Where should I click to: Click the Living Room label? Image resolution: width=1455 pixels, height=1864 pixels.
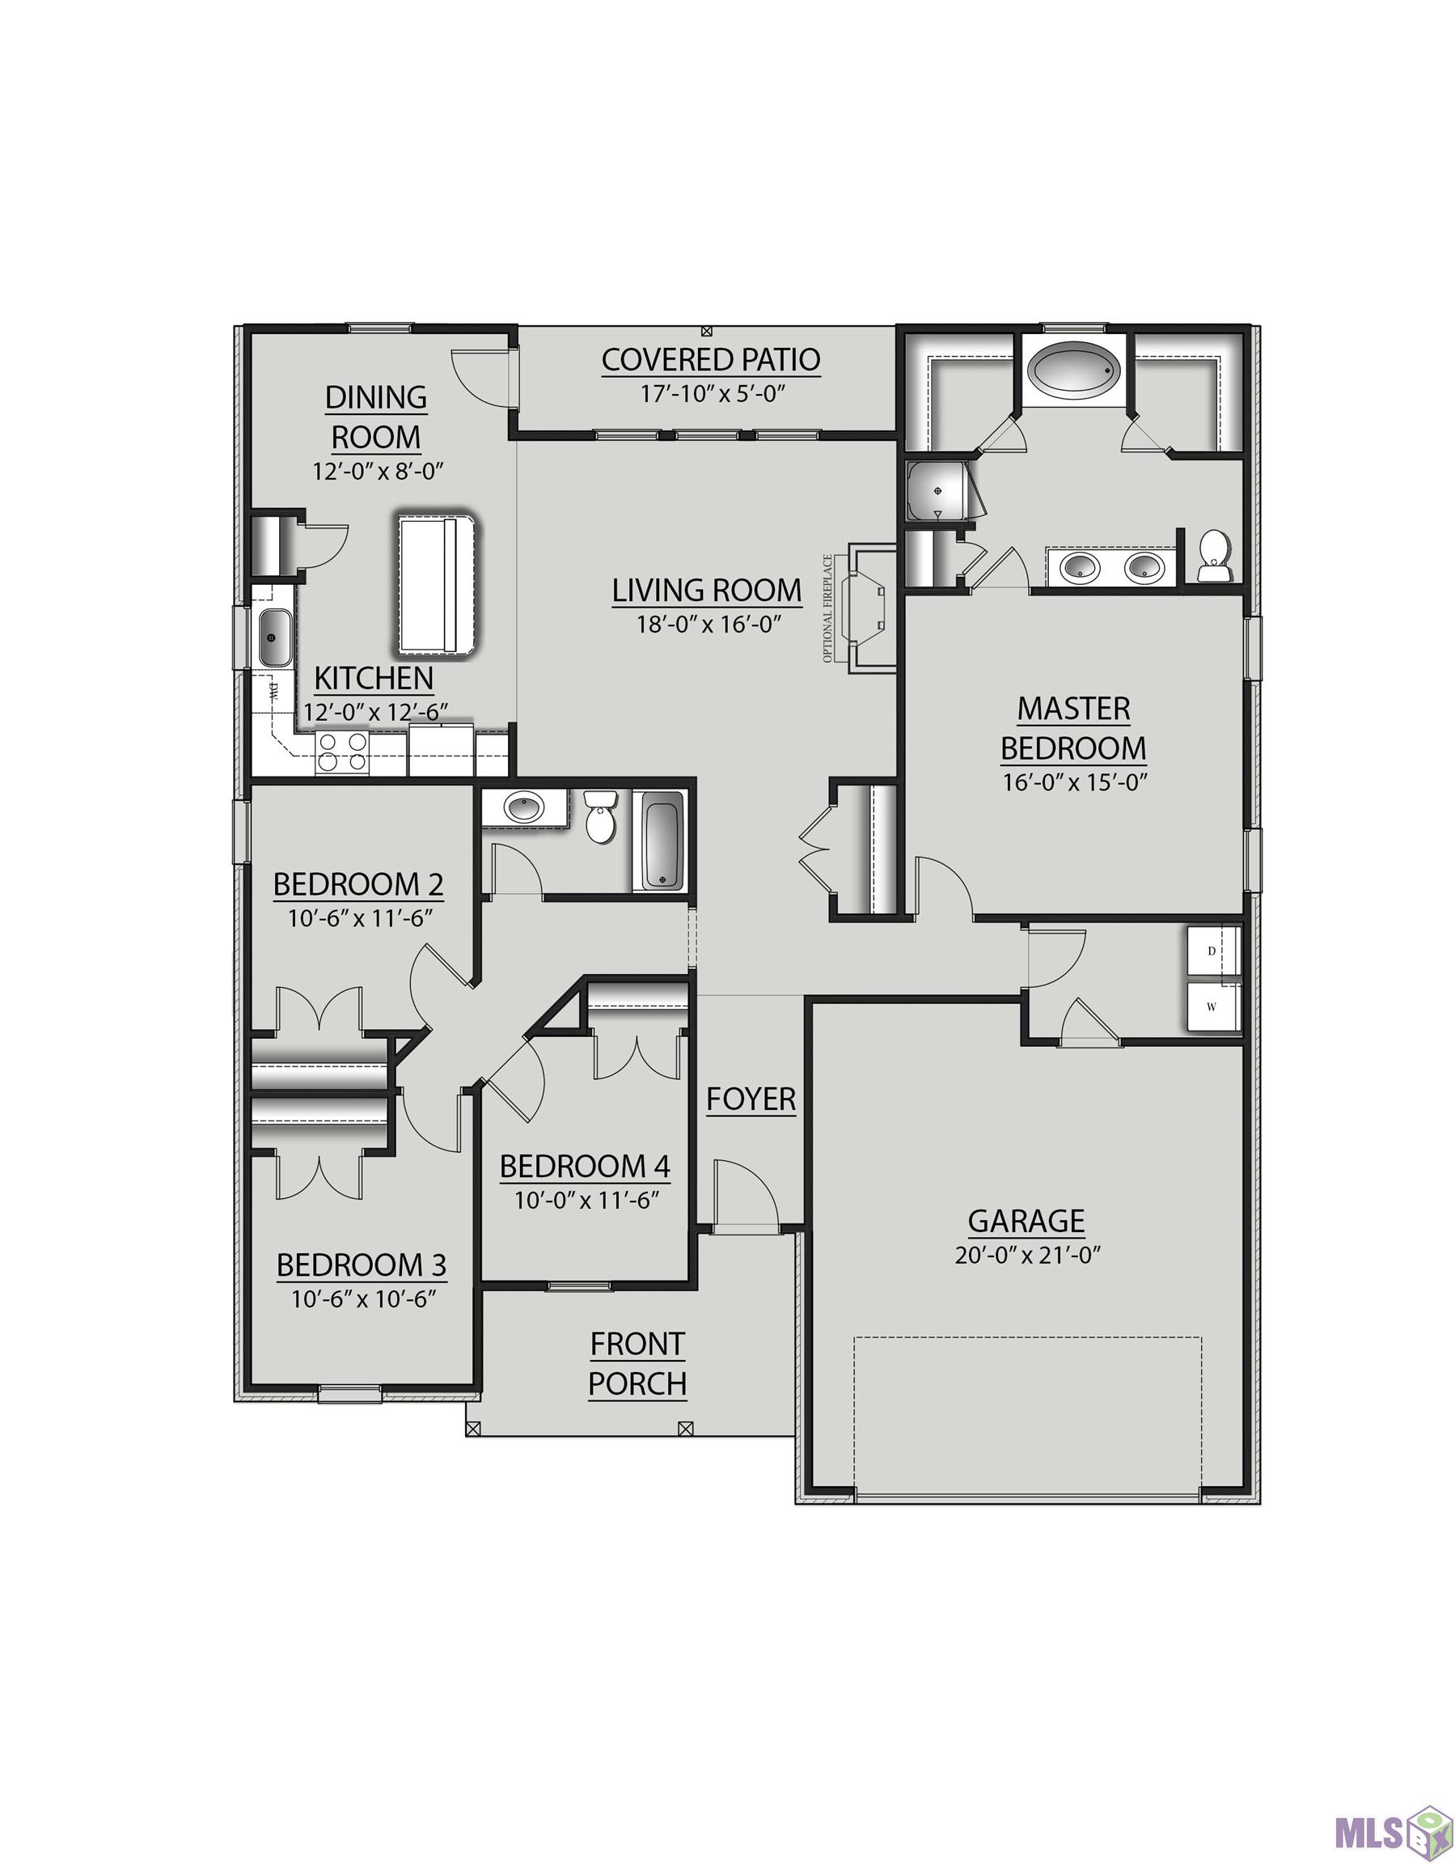[x=707, y=590]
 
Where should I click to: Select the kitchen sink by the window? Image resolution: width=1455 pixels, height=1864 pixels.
[x=275, y=637]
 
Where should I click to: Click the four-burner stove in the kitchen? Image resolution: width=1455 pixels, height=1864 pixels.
[x=342, y=752]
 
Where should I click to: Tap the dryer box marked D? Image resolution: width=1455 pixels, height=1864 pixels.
[x=1212, y=951]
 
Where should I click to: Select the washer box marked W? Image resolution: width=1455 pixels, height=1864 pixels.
[x=1212, y=1006]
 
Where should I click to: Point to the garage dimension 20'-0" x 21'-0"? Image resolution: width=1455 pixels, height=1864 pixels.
[x=1026, y=1256]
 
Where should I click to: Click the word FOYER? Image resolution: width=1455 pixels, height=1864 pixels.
[x=751, y=1100]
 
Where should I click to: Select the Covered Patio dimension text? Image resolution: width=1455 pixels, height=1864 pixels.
[x=712, y=393]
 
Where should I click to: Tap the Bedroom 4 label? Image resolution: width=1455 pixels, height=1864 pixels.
[x=585, y=1166]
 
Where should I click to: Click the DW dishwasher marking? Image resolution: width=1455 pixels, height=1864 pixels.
[x=275, y=692]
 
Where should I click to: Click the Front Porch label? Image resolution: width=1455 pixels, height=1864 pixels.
[x=637, y=1363]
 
